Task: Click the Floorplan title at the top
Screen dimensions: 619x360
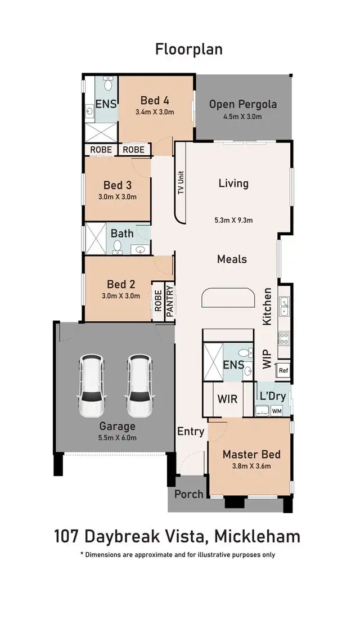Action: [x=188, y=50]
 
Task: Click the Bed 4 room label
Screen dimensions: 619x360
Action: [x=155, y=100]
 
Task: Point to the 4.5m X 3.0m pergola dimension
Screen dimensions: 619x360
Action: [x=243, y=116]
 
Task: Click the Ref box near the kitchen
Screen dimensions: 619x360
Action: [x=283, y=371]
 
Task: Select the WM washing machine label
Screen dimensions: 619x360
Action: [x=276, y=411]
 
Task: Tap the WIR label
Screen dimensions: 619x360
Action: [x=227, y=399]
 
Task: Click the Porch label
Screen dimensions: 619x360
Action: [x=188, y=494]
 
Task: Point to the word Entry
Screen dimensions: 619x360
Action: [x=191, y=432]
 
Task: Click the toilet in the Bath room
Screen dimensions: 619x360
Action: [x=118, y=246]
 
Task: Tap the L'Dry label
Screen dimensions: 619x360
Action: [x=272, y=396]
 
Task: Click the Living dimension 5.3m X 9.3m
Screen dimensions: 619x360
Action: [x=233, y=221]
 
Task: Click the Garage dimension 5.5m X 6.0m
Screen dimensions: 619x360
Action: [x=118, y=438]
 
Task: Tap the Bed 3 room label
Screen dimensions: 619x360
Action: [x=118, y=185]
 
